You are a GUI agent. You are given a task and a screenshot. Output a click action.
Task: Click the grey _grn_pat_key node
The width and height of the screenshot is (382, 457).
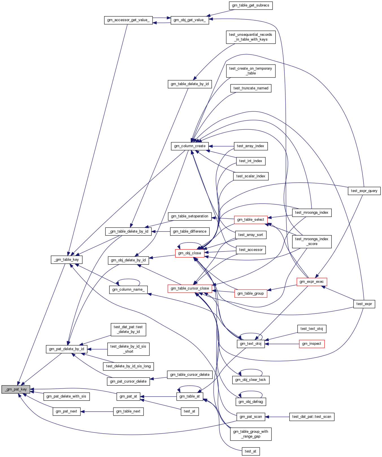16,389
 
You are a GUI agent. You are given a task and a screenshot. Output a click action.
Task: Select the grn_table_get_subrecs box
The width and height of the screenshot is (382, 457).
251,5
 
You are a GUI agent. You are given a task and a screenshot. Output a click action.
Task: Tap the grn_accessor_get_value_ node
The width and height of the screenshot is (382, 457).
128,20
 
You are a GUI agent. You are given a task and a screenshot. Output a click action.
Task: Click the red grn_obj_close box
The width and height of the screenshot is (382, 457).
190,253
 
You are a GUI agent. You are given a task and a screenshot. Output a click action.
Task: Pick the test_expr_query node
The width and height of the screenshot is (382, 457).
364,191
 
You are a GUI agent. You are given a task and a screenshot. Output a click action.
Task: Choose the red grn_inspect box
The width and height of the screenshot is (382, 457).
312,344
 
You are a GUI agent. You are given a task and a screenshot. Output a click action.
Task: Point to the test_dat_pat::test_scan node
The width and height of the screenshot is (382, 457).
312,417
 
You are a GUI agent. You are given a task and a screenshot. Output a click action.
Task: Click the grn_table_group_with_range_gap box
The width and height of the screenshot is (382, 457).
251,434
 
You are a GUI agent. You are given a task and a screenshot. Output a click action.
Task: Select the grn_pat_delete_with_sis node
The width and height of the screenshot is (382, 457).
66,396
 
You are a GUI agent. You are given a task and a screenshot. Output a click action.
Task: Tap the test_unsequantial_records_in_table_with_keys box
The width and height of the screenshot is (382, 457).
251,37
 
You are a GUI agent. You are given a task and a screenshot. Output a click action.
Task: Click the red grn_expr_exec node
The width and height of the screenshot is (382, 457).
312,282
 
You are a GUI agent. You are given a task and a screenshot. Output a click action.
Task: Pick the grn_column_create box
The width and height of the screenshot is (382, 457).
190,146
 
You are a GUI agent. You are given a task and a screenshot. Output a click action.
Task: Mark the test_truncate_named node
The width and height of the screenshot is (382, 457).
251,88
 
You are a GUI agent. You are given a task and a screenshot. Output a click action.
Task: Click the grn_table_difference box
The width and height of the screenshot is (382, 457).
190,231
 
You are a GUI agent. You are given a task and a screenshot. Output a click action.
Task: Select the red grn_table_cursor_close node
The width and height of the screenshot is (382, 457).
190,288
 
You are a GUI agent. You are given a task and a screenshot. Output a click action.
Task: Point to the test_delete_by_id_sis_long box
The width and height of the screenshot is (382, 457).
128,366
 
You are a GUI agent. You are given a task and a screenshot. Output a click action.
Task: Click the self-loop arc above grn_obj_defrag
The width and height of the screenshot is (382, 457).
251,392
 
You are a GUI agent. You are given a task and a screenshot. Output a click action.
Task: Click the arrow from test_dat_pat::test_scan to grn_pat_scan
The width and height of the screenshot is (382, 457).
277,417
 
